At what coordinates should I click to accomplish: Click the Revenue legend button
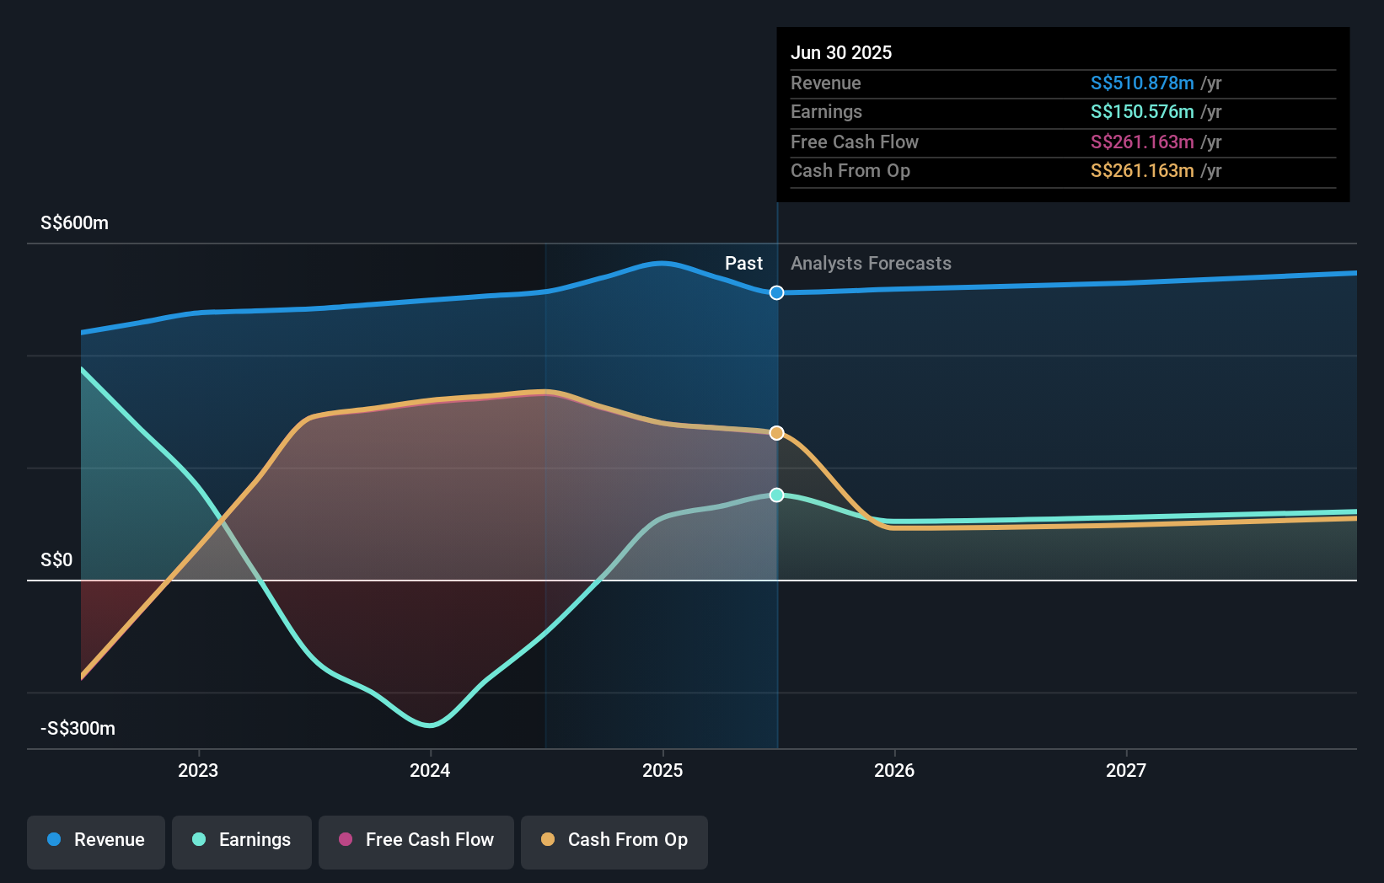96,841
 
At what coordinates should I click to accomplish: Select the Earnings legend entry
242,841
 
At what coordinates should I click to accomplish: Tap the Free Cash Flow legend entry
416,841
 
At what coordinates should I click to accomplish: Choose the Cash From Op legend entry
614,841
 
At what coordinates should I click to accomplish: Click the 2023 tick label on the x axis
198,770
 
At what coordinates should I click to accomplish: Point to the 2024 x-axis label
430,770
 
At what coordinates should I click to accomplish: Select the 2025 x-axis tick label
662,770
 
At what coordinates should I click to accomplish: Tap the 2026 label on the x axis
894,770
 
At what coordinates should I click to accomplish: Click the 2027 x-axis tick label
1126,770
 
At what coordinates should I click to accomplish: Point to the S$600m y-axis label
74,223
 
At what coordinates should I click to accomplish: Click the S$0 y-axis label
56,560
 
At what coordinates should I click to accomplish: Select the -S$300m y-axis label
78,729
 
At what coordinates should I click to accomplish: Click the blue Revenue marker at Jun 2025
777,292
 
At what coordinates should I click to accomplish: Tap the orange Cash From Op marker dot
777,433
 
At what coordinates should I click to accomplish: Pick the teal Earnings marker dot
777,495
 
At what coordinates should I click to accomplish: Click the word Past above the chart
743,264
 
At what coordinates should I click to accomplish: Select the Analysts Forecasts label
871,264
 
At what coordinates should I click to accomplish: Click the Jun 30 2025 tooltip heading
841,52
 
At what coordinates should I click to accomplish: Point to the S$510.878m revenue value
1142,83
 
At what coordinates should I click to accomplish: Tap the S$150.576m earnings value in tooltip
1142,112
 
